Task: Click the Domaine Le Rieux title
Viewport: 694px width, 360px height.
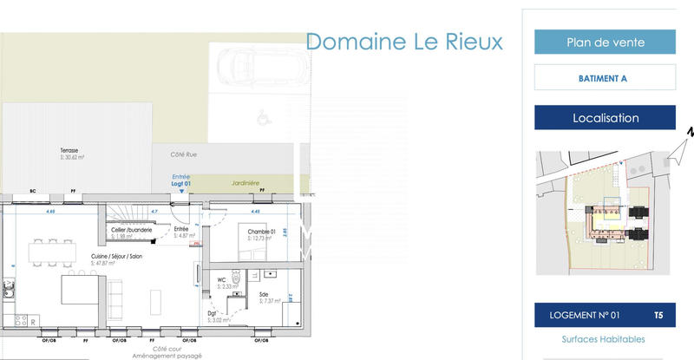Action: pyautogui.click(x=404, y=42)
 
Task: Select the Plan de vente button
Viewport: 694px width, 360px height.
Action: pyautogui.click(x=605, y=42)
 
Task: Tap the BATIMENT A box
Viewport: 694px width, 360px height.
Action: pyautogui.click(x=604, y=78)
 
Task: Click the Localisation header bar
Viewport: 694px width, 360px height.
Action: pyautogui.click(x=605, y=118)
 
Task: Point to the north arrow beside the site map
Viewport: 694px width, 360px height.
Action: pyautogui.click(x=691, y=132)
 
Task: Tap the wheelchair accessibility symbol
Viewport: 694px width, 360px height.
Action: pyautogui.click(x=261, y=113)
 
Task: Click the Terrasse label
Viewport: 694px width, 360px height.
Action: pyautogui.click(x=69, y=151)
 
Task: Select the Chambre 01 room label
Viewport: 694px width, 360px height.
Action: pyautogui.click(x=260, y=232)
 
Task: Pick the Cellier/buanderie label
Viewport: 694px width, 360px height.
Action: pyautogui.click(x=132, y=230)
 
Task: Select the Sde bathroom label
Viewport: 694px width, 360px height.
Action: pyautogui.click(x=264, y=296)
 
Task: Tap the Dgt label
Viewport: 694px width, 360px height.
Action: pyautogui.click(x=212, y=314)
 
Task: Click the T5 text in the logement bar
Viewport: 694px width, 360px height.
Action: pyautogui.click(x=658, y=315)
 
